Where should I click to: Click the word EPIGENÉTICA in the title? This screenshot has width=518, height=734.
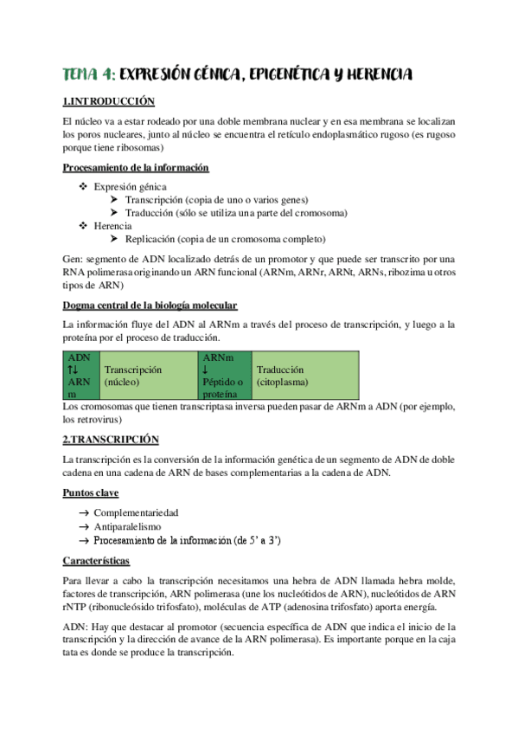point(296,75)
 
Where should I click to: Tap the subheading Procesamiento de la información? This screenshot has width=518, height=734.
point(137,168)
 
